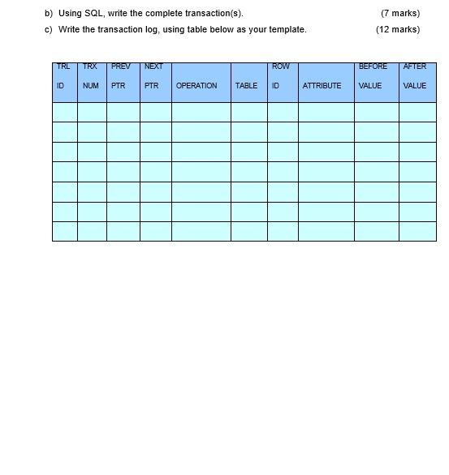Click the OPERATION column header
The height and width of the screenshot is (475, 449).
196,85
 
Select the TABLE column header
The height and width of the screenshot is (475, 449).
246,85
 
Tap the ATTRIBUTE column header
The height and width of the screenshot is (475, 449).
322,85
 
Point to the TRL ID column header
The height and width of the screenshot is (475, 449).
63,76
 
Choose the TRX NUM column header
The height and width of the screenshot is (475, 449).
90,76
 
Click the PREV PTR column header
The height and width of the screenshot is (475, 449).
121,76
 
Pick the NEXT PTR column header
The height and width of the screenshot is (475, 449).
153,76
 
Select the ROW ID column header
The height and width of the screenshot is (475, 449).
280,76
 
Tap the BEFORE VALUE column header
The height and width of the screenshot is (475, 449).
373,76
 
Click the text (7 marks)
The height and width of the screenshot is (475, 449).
400,13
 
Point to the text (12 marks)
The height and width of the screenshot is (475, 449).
398,29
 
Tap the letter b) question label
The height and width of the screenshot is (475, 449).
49,13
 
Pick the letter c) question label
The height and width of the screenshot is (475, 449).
49,29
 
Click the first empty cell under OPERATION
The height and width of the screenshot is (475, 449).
201,112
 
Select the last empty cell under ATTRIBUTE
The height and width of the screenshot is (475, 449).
326,231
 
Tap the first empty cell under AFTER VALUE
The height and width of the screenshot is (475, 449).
417,112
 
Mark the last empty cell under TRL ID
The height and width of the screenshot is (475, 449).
65,231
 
